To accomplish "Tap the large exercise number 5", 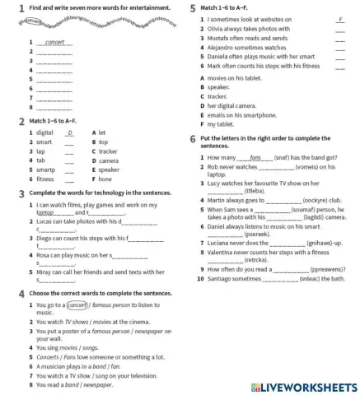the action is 192,7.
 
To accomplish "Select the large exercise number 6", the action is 192,138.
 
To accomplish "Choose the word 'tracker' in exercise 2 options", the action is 109,151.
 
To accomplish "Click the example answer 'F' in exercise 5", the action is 339,19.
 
